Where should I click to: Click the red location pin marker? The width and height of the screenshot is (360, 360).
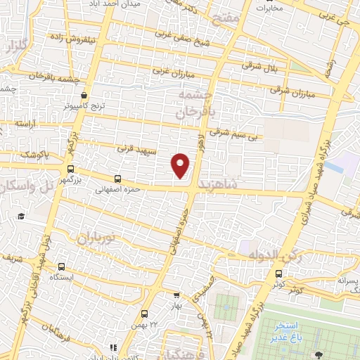tap(181, 165)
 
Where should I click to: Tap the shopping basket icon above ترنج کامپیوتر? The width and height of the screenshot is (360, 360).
tap(84, 95)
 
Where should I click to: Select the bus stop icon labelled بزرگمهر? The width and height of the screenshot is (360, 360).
tap(70, 169)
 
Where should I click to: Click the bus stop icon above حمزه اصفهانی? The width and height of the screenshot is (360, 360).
tap(117, 179)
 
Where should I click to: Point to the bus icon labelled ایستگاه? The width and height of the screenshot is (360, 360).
tap(63, 266)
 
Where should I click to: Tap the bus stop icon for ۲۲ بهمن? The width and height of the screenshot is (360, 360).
tap(144, 314)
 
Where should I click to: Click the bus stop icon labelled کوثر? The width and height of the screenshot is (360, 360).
tap(279, 274)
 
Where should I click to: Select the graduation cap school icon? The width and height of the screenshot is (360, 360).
tap(22, 216)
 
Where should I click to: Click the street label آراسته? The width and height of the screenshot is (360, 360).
tap(25, 123)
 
